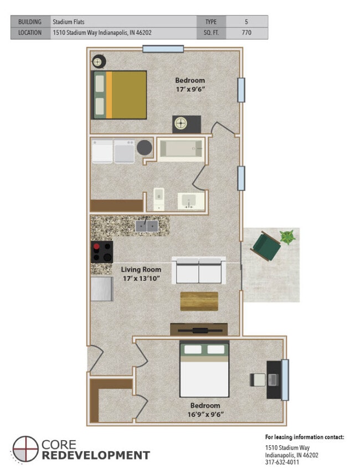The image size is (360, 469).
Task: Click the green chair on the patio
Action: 266,246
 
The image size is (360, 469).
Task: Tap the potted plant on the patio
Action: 288,238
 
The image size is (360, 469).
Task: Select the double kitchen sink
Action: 147,226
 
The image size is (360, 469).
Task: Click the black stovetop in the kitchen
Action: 102,252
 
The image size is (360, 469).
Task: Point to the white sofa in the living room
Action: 199,270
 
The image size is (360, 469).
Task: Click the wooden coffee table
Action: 199,301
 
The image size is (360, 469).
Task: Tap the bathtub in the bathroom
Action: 181,149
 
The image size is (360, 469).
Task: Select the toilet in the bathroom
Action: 159,199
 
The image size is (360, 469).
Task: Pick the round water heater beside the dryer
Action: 145,147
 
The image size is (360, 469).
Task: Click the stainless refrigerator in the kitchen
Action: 102,288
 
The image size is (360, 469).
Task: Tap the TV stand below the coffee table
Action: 199,329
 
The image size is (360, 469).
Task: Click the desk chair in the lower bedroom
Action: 258,380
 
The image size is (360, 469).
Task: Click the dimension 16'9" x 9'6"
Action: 205,415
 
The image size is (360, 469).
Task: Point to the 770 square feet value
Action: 246,33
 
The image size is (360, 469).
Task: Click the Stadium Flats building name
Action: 69,22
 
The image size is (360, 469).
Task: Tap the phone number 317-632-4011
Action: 282,462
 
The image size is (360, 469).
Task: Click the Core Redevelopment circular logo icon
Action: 25,449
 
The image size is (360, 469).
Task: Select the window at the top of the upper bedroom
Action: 163,49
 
